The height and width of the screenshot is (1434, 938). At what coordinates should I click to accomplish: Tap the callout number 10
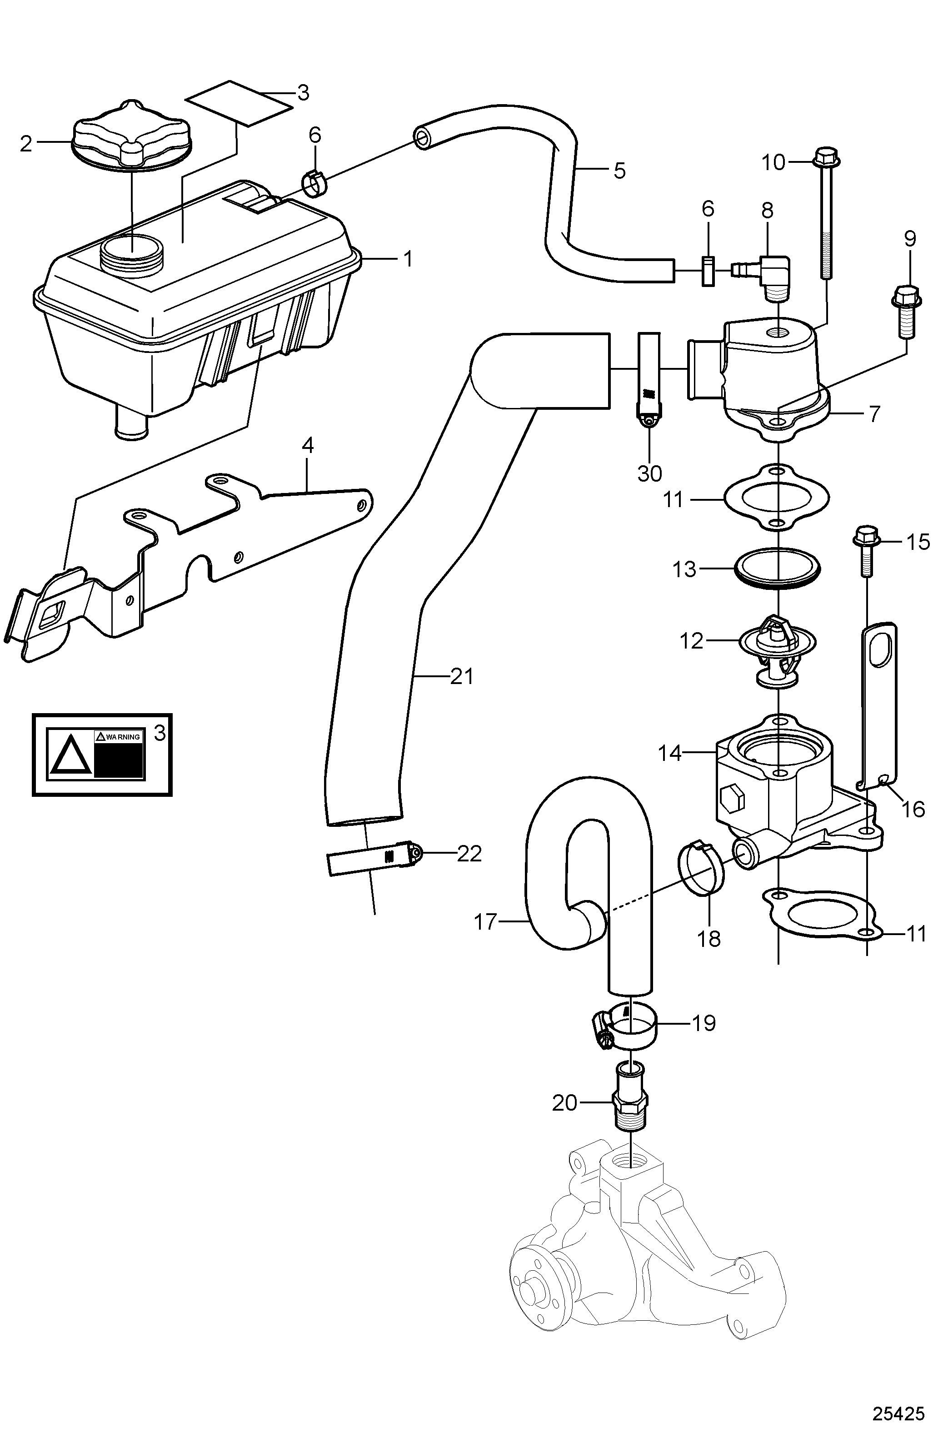click(x=774, y=163)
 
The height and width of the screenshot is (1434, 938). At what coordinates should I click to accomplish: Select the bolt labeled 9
click(x=905, y=312)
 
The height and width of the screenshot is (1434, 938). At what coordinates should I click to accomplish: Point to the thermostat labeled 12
click(x=777, y=651)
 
